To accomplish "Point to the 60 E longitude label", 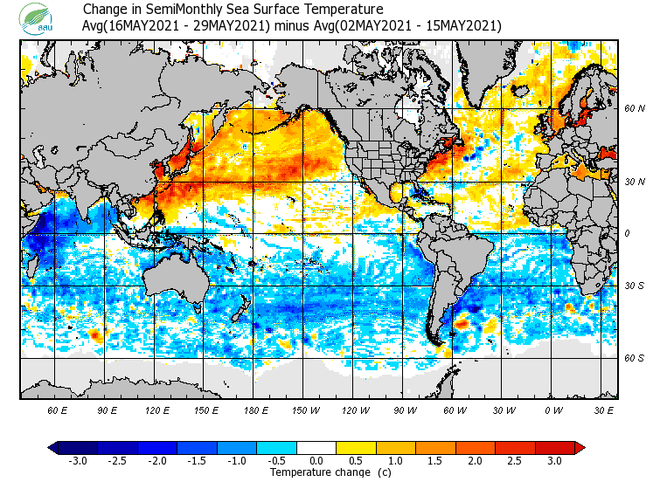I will (x=57, y=410).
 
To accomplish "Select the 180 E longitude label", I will (x=256, y=410).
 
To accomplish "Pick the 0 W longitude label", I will (x=552, y=410).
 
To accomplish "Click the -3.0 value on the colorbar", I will (x=78, y=460).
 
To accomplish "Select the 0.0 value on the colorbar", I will (x=317, y=460).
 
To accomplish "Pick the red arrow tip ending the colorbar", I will (x=580, y=447).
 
